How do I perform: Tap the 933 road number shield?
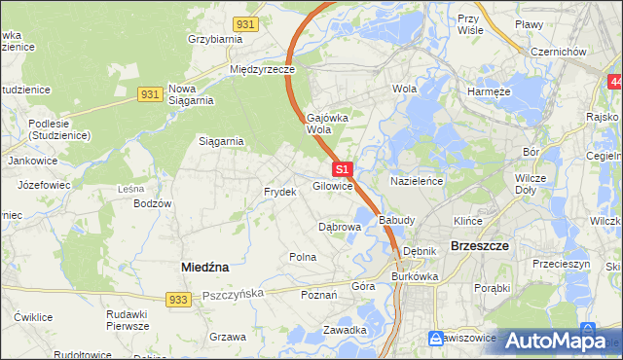176,302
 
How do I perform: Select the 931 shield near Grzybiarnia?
246,23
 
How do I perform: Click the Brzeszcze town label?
480,246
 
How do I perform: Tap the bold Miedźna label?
205,266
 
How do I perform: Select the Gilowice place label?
332,186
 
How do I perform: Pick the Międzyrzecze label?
262,70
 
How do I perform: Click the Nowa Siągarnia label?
190,93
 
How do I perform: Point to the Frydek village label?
279,192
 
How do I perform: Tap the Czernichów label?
555,52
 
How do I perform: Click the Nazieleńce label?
418,181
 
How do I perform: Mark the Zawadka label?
345,330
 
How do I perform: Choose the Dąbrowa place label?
340,227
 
